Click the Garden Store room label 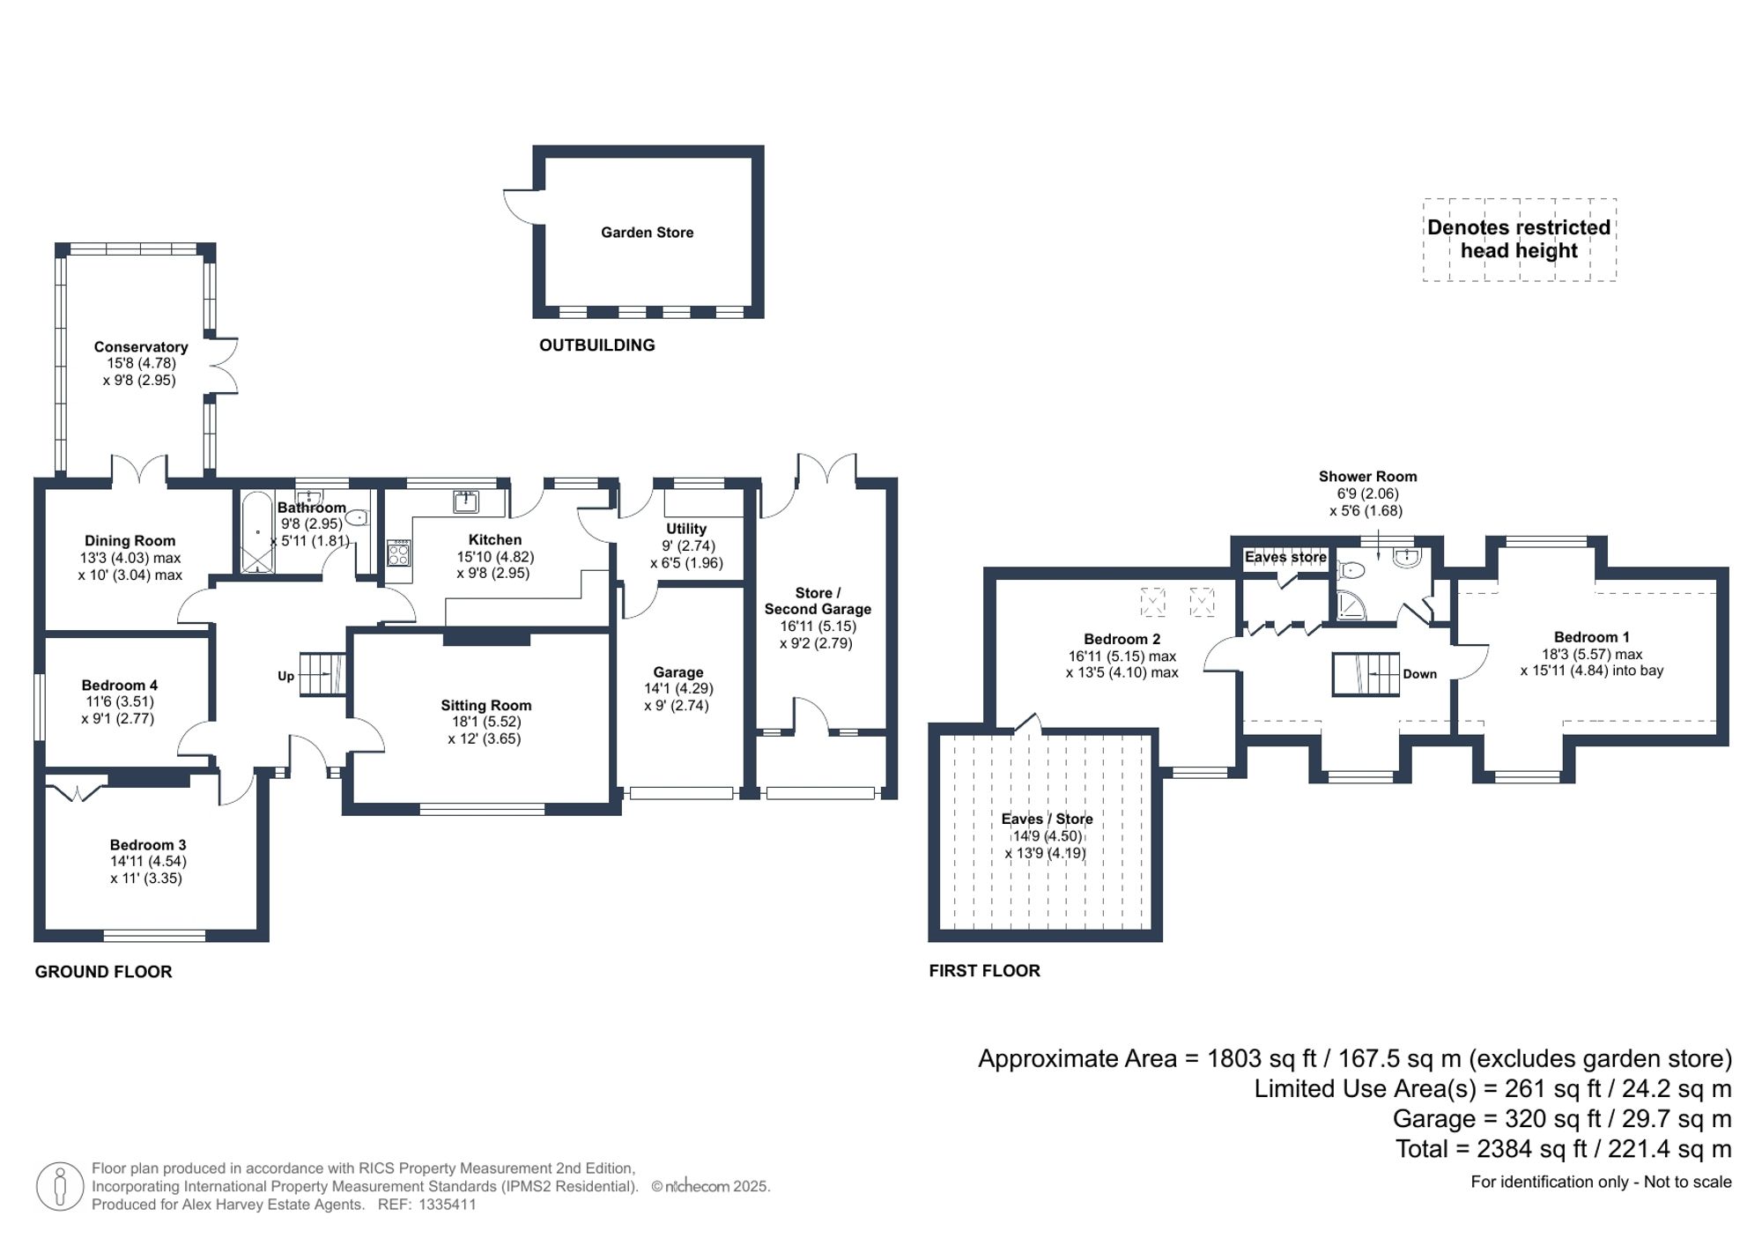[x=647, y=233]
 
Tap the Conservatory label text [x=141, y=347]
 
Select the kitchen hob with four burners [x=398, y=553]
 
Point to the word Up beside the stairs [x=285, y=677]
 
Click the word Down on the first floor [x=1419, y=674]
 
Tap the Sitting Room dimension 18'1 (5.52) [x=485, y=722]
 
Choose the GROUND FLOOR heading [x=103, y=972]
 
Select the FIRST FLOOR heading [x=984, y=971]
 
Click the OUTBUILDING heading [x=596, y=345]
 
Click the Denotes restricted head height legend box [x=1519, y=240]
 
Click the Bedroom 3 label [x=148, y=845]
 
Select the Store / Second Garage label [x=818, y=601]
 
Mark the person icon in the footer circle [x=60, y=1186]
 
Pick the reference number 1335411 [x=447, y=1205]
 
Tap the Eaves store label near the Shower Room [x=1284, y=557]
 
